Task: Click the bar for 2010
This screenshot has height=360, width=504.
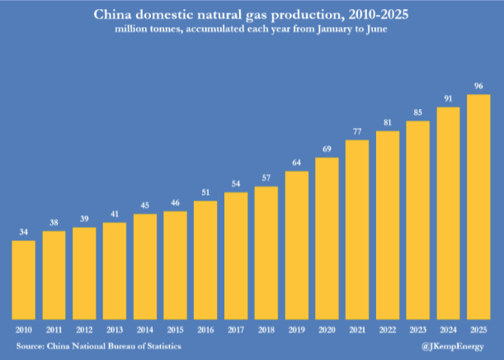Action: click(24, 279)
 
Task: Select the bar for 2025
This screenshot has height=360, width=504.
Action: click(478, 206)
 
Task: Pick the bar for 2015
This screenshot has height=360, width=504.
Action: click(175, 265)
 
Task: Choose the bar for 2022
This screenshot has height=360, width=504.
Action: click(388, 225)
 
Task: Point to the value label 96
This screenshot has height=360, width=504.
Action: click(478, 86)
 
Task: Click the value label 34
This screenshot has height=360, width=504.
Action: click(24, 232)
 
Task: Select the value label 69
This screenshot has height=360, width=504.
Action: click(327, 149)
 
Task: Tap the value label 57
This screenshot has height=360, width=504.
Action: click(266, 178)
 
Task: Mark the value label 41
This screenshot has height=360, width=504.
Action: click(115, 214)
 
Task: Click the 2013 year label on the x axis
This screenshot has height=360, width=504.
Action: click(115, 329)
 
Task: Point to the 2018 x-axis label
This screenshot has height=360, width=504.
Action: click(266, 329)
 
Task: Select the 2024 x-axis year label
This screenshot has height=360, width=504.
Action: click(448, 329)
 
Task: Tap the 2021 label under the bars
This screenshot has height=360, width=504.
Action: click(357, 329)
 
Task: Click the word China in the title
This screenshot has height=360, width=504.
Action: click(114, 15)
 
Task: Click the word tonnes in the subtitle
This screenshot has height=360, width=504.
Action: click(166, 31)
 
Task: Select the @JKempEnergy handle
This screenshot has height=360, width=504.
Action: click(459, 345)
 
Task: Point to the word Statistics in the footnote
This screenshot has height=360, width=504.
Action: click(160, 345)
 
